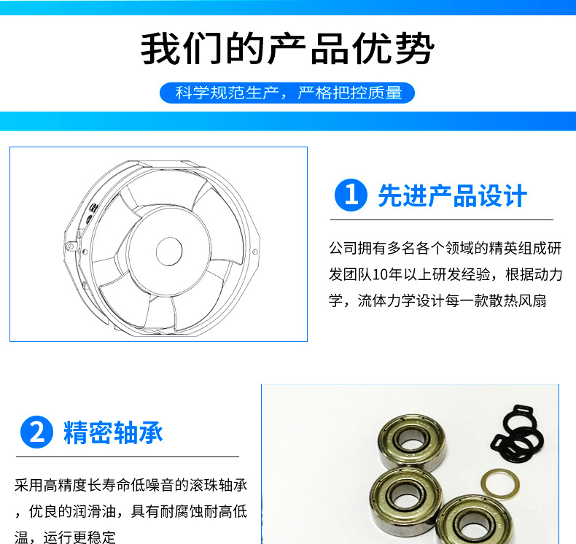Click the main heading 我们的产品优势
pos(287,48)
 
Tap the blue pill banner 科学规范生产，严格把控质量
pos(287,93)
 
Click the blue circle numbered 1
pos(351,195)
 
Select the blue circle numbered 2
pos(36,432)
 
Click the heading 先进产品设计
pos(453,195)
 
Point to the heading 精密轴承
pos(113,432)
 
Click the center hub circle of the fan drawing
pos(169,251)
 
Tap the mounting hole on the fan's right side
pos(254,252)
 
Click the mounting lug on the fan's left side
pos(71,245)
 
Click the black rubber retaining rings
pos(517,434)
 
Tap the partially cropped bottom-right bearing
pos(474,520)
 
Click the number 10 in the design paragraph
pos(379,274)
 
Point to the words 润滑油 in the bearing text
pos(94,511)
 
